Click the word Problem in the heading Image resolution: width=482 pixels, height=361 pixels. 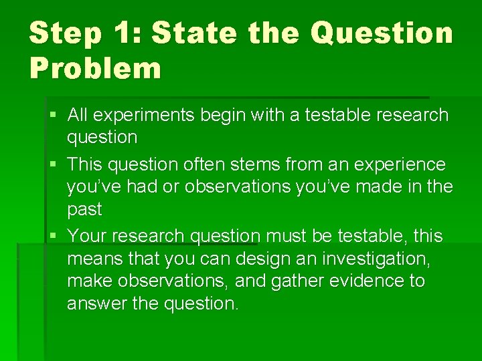click(95, 69)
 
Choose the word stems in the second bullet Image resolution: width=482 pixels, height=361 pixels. click(269, 164)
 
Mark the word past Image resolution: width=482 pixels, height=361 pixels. click(84, 210)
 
